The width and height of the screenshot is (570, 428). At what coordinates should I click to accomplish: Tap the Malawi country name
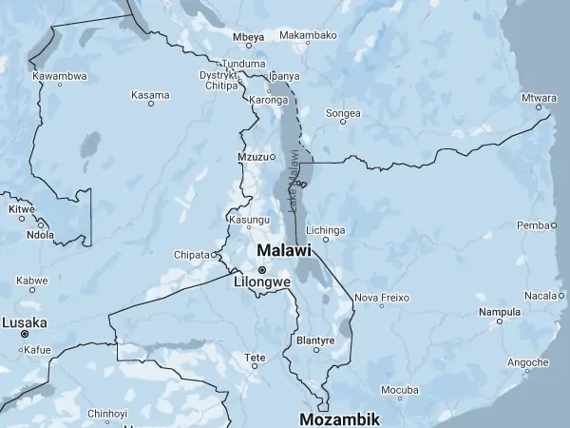pos(284,250)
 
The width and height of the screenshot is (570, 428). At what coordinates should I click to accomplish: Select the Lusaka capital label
pos(25,323)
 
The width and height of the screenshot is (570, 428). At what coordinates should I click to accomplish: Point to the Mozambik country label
pos(339,418)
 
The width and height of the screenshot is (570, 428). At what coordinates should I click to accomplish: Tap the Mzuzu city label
pos(254,156)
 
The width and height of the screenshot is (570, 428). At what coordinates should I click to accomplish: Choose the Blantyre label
pos(316,340)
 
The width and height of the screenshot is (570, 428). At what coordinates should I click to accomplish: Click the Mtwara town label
pos(539,98)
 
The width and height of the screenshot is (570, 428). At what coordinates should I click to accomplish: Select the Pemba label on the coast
pos(532,225)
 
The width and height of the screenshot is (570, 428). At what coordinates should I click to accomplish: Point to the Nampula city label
pos(499,311)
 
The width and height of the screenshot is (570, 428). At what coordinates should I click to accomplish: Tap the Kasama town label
pos(150,94)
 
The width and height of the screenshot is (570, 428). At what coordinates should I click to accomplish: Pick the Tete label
pos(255,358)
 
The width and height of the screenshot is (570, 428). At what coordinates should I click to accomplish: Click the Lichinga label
pos(326,229)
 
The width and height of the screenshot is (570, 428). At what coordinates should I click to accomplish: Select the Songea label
pos(343,113)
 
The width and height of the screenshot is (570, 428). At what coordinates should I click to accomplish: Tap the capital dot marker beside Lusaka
pos(26,334)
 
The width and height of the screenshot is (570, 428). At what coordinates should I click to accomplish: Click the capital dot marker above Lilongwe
pos(262,270)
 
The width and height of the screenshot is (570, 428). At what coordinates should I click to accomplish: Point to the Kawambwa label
pos(59,75)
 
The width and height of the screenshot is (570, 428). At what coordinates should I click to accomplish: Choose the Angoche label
pos(528,362)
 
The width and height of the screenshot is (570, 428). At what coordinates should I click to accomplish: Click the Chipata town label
pos(193,255)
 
